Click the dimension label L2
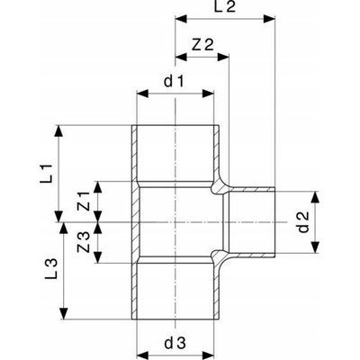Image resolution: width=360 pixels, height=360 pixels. click(x=225, y=7)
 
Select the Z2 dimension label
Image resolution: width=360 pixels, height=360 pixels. click(x=202, y=45)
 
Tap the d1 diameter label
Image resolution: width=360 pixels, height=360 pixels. click(x=174, y=82)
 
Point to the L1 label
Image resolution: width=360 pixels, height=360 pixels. click(x=48, y=174)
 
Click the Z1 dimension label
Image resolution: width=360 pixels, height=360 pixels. click(x=84, y=202)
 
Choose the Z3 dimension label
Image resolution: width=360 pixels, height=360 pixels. click(x=84, y=242)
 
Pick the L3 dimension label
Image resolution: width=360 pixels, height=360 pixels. click(x=51, y=269)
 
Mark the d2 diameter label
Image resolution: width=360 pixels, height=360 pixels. click(x=303, y=222)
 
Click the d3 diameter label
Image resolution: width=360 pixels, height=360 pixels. click(x=175, y=343)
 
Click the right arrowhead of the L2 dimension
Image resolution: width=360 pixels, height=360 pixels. click(x=269, y=20)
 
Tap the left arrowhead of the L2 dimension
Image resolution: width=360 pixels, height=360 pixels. click(x=181, y=20)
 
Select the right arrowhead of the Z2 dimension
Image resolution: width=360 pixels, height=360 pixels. click(x=223, y=58)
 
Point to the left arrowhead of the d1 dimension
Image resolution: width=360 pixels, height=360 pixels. click(x=143, y=94)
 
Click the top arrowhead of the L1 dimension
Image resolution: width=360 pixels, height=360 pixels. click(x=58, y=131)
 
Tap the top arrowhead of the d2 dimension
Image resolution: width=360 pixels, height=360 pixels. click(x=314, y=198)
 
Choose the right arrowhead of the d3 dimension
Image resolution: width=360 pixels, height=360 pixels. click(x=208, y=355)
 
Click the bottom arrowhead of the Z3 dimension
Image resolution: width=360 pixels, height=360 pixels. click(x=98, y=257)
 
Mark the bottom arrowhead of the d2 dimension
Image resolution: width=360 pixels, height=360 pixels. click(x=314, y=247)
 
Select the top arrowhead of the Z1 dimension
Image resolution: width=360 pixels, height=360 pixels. click(x=98, y=187)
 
